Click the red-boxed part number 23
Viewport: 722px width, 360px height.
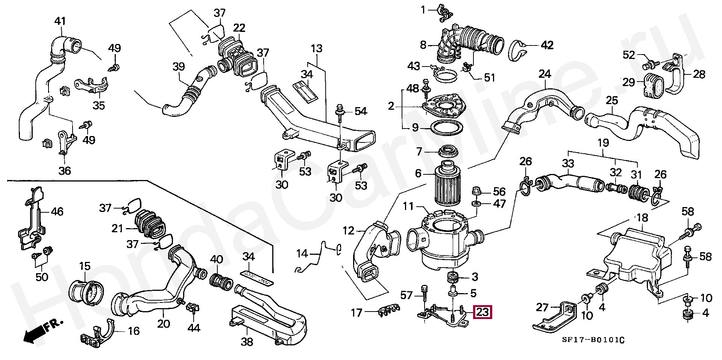click(x=482, y=312)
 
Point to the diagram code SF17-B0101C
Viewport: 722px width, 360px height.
click(x=593, y=340)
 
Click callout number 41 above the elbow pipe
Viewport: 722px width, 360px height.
click(x=60, y=21)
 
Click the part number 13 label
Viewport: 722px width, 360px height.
click(x=317, y=48)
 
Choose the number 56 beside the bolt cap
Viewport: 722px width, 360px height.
click(x=499, y=191)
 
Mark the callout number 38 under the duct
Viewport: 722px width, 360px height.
click(x=247, y=342)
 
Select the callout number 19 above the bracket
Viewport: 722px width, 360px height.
click(x=603, y=143)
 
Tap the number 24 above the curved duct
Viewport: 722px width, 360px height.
click(x=545, y=74)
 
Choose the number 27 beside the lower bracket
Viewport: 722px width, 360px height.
click(x=542, y=307)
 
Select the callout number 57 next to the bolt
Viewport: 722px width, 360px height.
click(x=407, y=295)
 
